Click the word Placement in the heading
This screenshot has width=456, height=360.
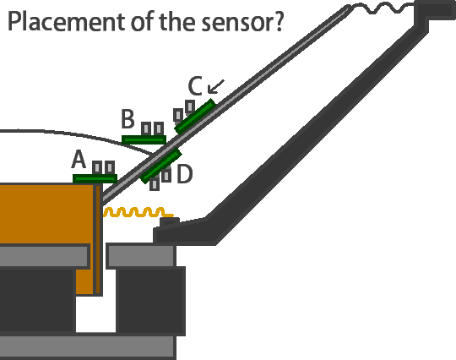pyautogui.click(x=68, y=21)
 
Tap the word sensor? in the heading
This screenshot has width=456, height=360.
pyautogui.click(x=242, y=22)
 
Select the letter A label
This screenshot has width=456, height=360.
pyautogui.click(x=79, y=160)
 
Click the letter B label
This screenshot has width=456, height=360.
pyautogui.click(x=128, y=119)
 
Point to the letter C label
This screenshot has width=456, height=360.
pyautogui.click(x=195, y=86)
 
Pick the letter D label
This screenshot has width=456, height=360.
pyautogui.click(x=185, y=174)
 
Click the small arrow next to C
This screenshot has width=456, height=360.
pyautogui.click(x=216, y=87)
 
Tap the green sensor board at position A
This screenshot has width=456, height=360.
pyautogui.click(x=95, y=178)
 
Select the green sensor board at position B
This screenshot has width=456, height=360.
pyautogui.click(x=144, y=140)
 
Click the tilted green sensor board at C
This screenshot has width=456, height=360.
pyautogui.click(x=195, y=117)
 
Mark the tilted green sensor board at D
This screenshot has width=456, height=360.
pyautogui.click(x=160, y=166)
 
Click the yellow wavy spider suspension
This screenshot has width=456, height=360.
pyautogui.click(x=138, y=212)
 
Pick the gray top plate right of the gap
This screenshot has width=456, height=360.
pyautogui.click(x=141, y=256)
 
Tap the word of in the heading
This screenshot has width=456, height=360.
pyautogui.click(x=144, y=21)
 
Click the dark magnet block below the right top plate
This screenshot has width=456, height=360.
pyautogui.click(x=150, y=300)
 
